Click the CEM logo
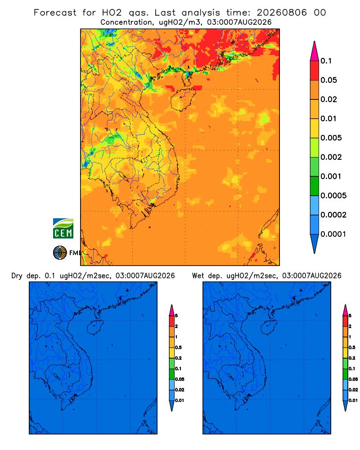tap(63, 229)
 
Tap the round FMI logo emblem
tap(60, 253)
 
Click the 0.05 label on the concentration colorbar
tap(328, 80)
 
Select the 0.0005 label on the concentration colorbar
tap(333, 196)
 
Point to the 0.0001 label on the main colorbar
tap(333, 234)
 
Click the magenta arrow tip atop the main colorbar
tap(315, 51)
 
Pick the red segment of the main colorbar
tap(315, 71)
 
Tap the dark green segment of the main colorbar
tap(315, 186)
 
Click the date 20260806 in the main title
tap(282, 13)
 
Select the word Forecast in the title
tap(55, 13)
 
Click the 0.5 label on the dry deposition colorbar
tap(178, 347)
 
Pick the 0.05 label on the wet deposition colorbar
tap(353, 379)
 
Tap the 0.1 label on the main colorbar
tap(326, 61)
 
